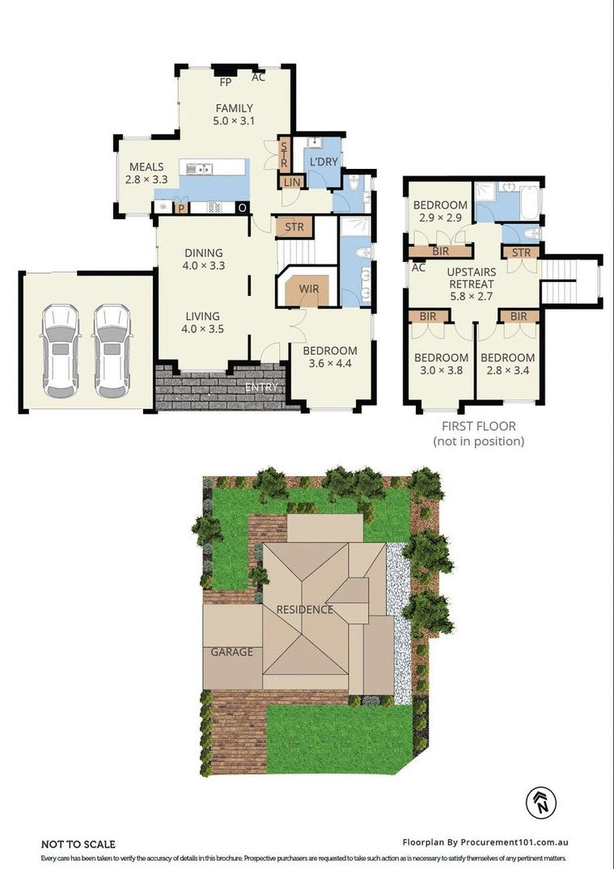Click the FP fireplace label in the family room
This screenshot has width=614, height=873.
click(x=226, y=82)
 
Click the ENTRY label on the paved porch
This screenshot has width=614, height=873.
click(x=261, y=387)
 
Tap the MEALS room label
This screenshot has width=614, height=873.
click(x=146, y=167)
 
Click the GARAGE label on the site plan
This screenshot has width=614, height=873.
click(x=232, y=652)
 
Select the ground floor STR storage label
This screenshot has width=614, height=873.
click(x=294, y=227)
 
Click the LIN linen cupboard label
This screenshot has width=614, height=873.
click(x=291, y=183)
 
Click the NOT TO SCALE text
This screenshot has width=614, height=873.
click(x=78, y=844)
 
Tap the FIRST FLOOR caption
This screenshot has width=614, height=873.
click(x=478, y=426)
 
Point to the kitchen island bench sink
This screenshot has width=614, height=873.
click(x=198, y=168)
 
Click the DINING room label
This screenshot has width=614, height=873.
click(x=202, y=252)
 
